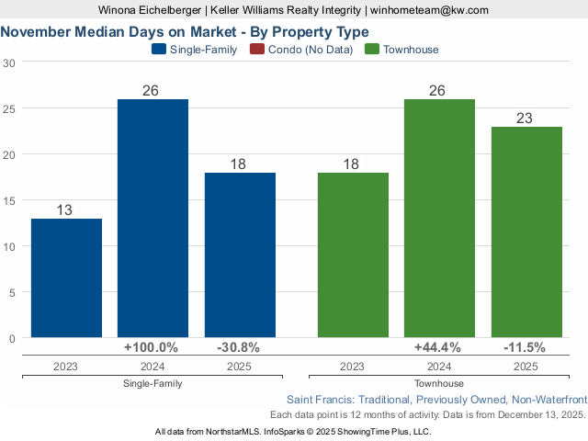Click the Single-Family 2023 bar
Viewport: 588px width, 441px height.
66,278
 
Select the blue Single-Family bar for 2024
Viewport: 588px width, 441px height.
153,219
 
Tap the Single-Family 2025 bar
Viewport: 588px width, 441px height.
240,255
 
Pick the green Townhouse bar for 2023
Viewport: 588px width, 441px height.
353,255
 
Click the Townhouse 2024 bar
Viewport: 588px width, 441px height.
439,219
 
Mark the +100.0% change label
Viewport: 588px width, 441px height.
153,347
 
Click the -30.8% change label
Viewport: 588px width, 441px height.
239,347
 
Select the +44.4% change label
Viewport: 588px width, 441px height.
439,347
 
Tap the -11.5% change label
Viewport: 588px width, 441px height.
526,347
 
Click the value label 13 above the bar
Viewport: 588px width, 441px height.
64,210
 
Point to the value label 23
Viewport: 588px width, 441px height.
526,119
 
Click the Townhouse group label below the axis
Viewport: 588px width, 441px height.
439,383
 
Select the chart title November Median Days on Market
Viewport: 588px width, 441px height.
185,31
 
